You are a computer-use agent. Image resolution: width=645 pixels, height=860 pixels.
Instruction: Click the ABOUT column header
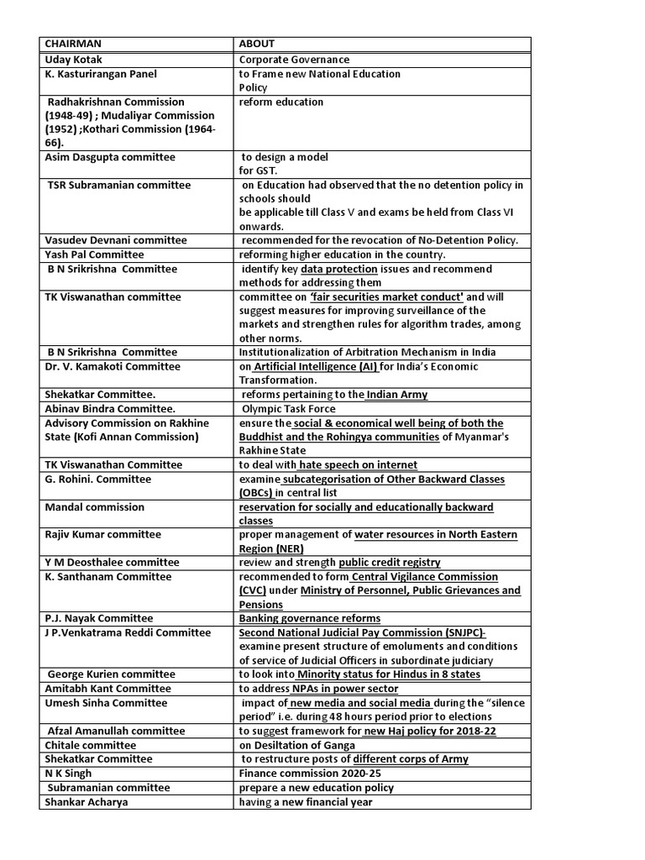(256, 45)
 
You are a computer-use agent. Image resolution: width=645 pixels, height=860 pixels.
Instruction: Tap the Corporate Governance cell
(294, 60)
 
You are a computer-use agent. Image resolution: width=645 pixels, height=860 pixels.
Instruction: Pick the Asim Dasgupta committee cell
(110, 157)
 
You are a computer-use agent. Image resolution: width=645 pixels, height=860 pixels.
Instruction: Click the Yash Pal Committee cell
(94, 254)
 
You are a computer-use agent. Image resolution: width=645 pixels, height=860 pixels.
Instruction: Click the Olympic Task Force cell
(288, 409)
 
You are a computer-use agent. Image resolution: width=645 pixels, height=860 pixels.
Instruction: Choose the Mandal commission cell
(94, 507)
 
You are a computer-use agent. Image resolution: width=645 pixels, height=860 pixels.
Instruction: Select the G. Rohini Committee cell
(97, 479)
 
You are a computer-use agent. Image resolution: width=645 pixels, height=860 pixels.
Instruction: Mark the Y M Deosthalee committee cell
(112, 562)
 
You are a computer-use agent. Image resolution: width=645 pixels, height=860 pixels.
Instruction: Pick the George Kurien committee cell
(112, 674)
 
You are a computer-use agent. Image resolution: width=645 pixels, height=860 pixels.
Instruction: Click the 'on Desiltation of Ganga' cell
(296, 745)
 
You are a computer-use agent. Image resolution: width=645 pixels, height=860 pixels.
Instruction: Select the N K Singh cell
(68, 773)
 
